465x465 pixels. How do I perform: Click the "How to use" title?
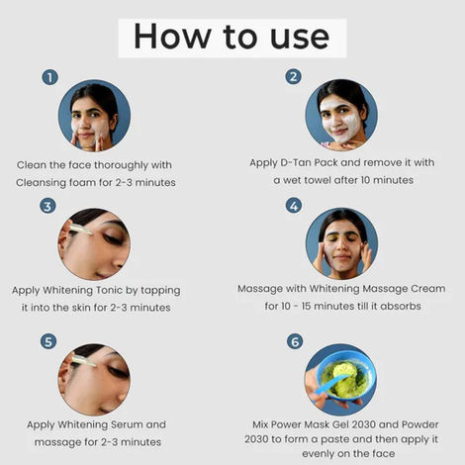coord(232,37)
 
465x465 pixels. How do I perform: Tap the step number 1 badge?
coord(49,77)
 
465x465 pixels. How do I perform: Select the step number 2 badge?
coord(294,77)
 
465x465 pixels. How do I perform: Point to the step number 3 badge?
coord(47,206)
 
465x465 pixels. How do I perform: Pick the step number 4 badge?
coord(294,206)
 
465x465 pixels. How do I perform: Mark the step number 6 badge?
coord(294,341)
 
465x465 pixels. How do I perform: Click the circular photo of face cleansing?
coord(94,116)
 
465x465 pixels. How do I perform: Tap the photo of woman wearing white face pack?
coord(340,116)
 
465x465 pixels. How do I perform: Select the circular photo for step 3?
coord(94,244)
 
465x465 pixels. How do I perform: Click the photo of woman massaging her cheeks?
coord(340,244)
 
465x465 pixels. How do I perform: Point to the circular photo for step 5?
coord(94,380)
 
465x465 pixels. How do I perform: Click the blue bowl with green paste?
coord(340,380)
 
